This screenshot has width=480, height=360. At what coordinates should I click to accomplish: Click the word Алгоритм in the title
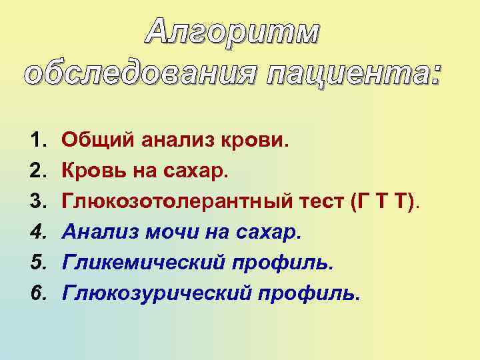point(232,31)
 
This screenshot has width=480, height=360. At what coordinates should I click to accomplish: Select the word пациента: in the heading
point(355,71)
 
